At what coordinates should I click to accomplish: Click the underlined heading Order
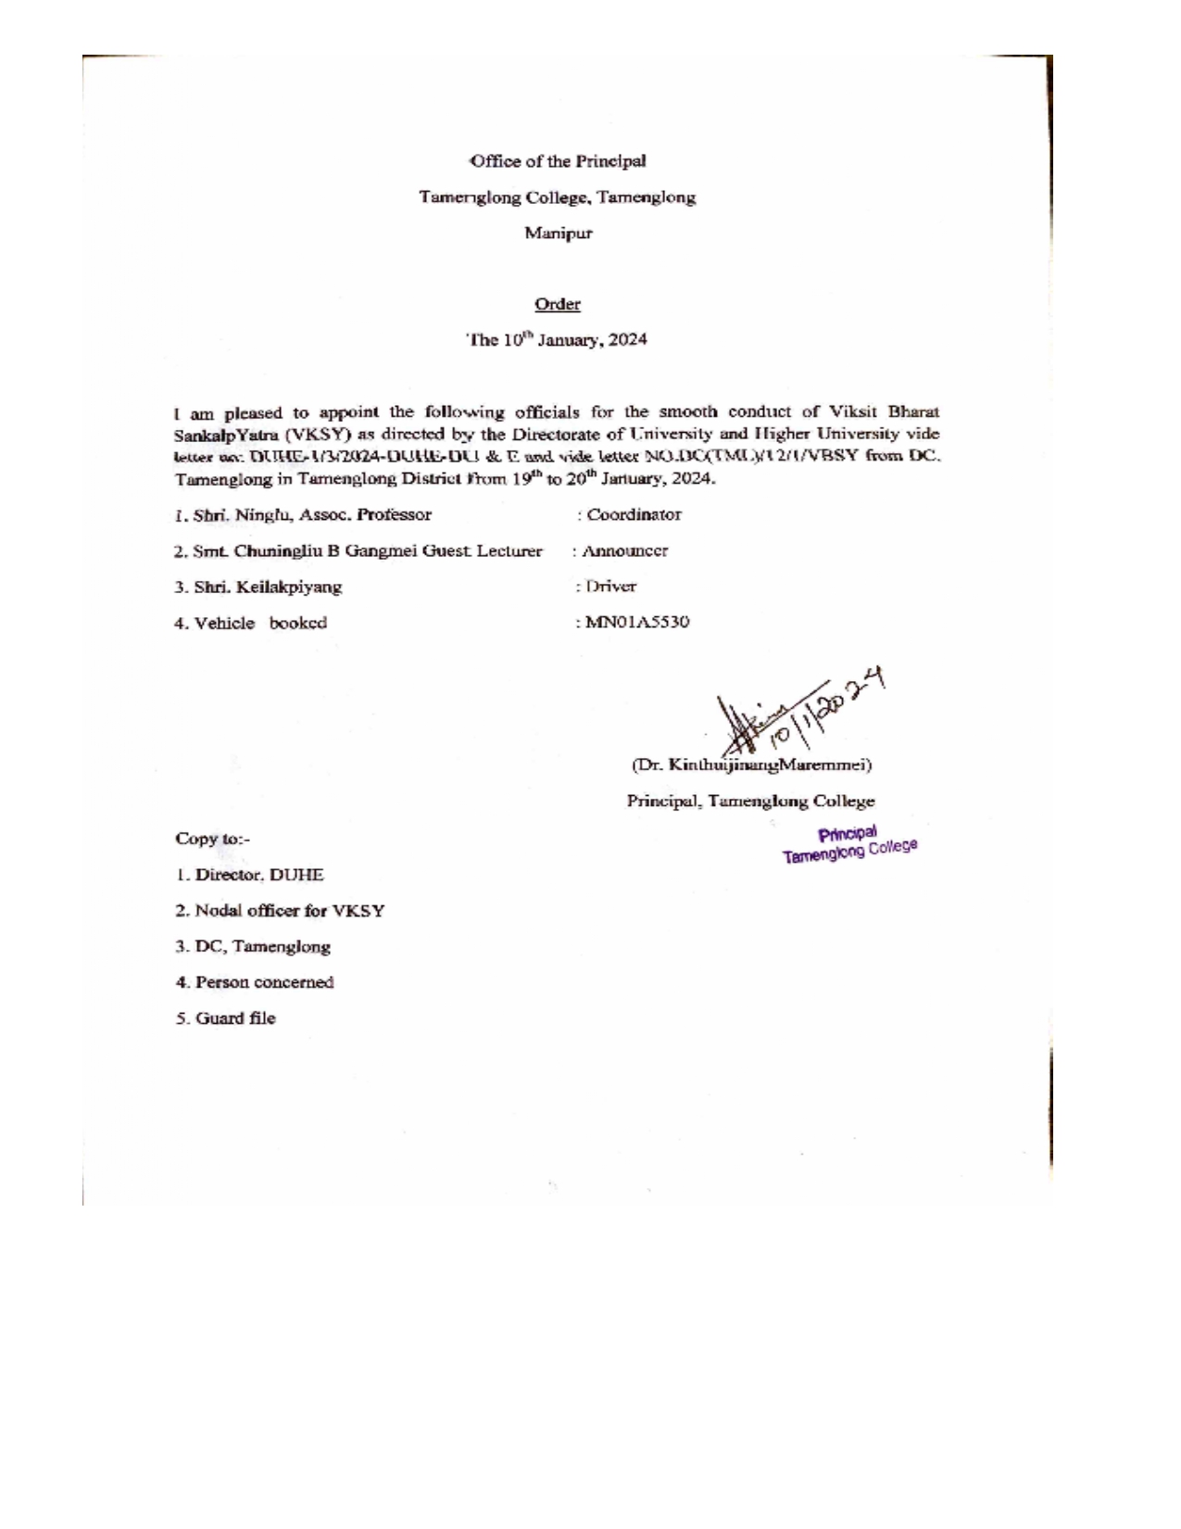[x=557, y=305]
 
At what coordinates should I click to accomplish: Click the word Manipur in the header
[x=558, y=234]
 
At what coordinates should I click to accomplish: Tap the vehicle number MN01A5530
[x=635, y=623]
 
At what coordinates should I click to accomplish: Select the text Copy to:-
[x=213, y=840]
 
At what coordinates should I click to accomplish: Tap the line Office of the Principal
[x=558, y=161]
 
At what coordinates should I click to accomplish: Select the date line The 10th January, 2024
[x=558, y=340]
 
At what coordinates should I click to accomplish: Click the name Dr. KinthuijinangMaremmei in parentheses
[x=751, y=766]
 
